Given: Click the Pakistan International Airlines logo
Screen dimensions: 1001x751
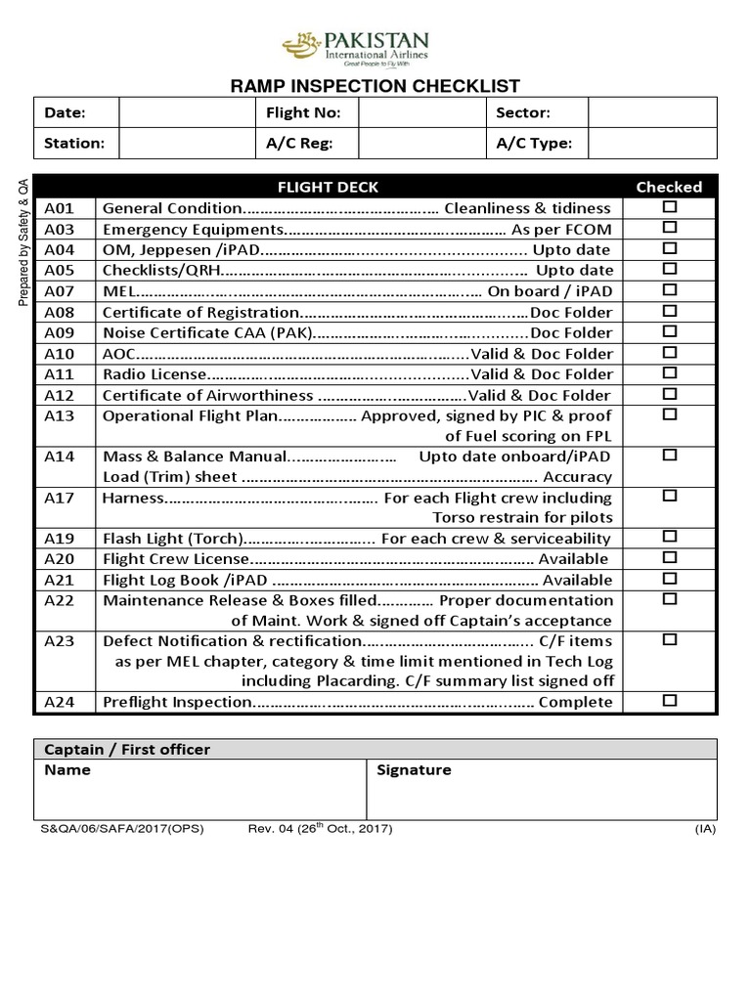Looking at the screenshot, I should tap(355, 46).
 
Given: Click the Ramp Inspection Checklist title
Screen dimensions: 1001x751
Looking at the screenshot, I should tap(375, 87).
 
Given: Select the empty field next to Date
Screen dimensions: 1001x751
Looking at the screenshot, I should tap(186, 113).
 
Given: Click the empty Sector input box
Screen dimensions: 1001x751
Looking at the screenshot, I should tap(652, 113).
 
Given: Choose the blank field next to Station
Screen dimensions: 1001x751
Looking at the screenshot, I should tap(186, 143).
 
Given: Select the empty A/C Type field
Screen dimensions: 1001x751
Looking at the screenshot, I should tap(652, 143).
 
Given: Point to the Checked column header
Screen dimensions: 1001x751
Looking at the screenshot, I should tap(669, 186).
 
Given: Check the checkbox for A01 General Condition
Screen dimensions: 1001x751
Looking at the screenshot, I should tap(670, 206).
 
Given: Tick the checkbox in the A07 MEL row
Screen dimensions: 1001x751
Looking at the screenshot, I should tap(670, 290).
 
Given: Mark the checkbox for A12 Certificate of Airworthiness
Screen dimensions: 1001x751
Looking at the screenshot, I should tap(670, 394).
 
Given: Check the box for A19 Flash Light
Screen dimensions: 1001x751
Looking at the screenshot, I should tap(670, 537).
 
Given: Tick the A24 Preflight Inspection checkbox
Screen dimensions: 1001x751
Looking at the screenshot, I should tap(670, 701).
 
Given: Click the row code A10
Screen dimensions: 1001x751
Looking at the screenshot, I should tap(59, 353).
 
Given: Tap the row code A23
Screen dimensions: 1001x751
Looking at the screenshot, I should tap(59, 641).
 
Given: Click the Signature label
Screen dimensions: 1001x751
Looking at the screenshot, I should tap(414, 770).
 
